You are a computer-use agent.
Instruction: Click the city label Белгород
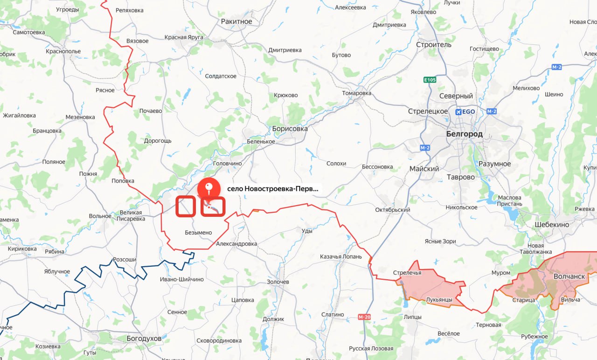pos(464,134)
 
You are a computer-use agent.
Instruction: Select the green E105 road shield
pos(430,80)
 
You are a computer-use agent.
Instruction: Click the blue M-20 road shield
pos(364,317)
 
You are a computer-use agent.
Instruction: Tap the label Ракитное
pos(236,21)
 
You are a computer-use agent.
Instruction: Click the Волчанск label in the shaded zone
pos(569,276)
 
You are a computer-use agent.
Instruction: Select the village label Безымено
pos(198,232)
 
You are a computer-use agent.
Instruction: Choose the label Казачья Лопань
pos(340,257)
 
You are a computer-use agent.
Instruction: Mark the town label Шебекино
pos(552,224)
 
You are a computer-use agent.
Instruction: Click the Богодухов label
pos(144,338)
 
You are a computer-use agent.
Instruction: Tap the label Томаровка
pos(357,93)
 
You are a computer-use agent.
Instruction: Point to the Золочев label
pos(278,282)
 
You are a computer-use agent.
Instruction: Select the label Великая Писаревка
pos(125,215)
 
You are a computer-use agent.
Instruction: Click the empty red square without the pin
pos(185,207)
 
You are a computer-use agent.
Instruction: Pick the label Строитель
pos(434,45)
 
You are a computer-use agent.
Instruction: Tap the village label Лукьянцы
pos(439,299)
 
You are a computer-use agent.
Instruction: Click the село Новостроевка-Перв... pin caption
pos(273,189)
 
